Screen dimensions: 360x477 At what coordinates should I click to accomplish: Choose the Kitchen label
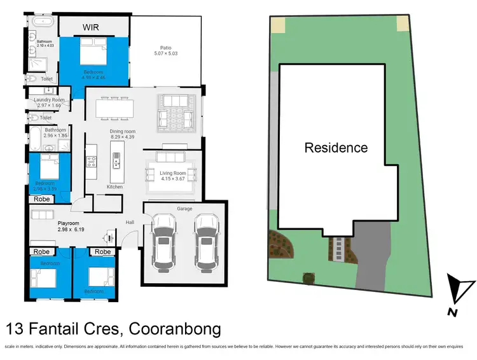[x=114, y=187]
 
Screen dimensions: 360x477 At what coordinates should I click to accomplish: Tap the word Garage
[x=184, y=209]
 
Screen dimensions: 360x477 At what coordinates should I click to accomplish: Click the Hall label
[x=130, y=222]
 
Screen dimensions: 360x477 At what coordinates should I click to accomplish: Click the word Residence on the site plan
[x=336, y=148]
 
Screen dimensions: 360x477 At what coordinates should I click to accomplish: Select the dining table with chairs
[x=117, y=108]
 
